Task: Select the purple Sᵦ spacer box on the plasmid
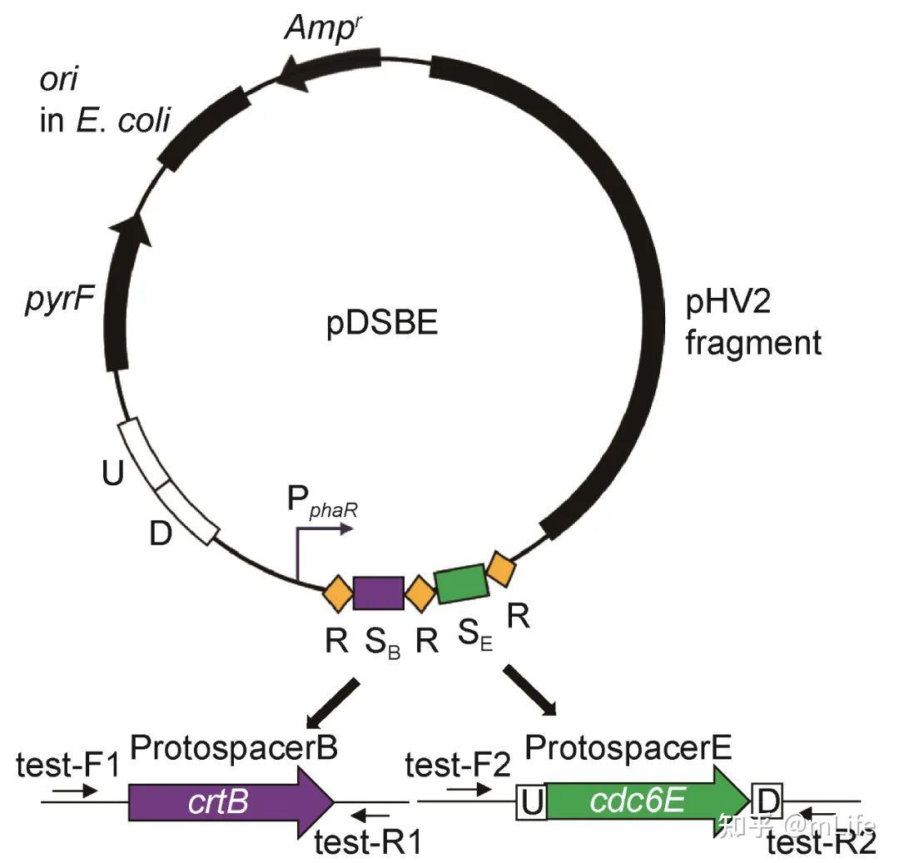coord(378,593)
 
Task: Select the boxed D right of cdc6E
coord(767,803)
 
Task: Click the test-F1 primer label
coord(67,762)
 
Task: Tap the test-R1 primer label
coord(367,843)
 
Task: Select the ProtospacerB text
coord(234,747)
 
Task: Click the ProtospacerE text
coord(628,747)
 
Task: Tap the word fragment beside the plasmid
coord(753,342)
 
